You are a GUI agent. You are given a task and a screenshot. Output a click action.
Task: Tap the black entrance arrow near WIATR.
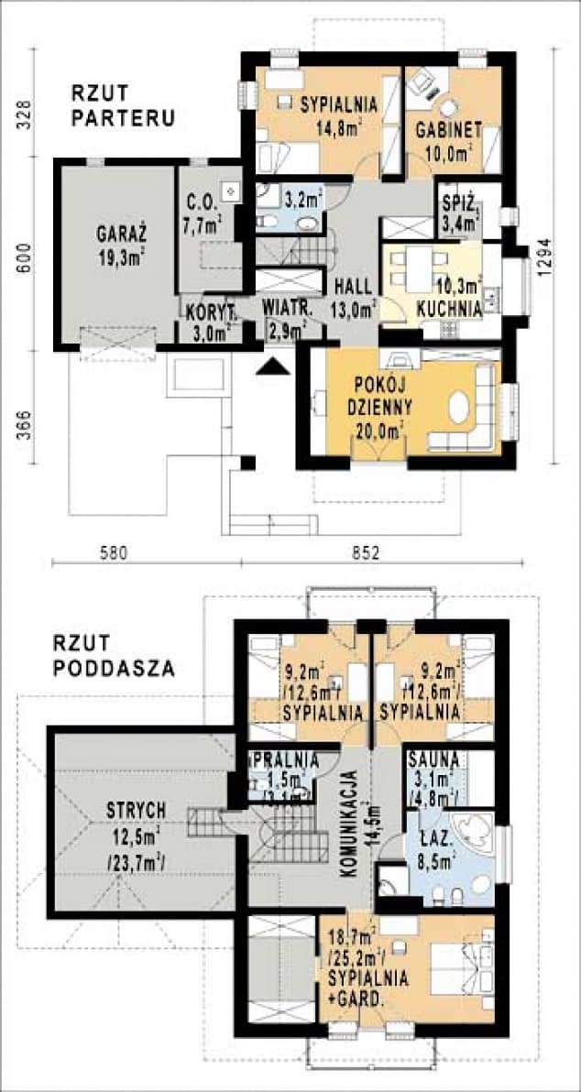coord(272,366)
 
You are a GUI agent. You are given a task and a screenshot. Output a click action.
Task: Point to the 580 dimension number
coord(113,552)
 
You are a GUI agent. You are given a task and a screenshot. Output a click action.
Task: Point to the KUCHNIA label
coord(448,309)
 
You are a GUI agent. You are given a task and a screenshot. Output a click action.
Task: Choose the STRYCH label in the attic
coord(135,810)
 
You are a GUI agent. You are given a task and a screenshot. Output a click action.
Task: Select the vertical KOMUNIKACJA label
coord(349,824)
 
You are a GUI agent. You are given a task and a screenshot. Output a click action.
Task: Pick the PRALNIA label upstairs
coord(289,759)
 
